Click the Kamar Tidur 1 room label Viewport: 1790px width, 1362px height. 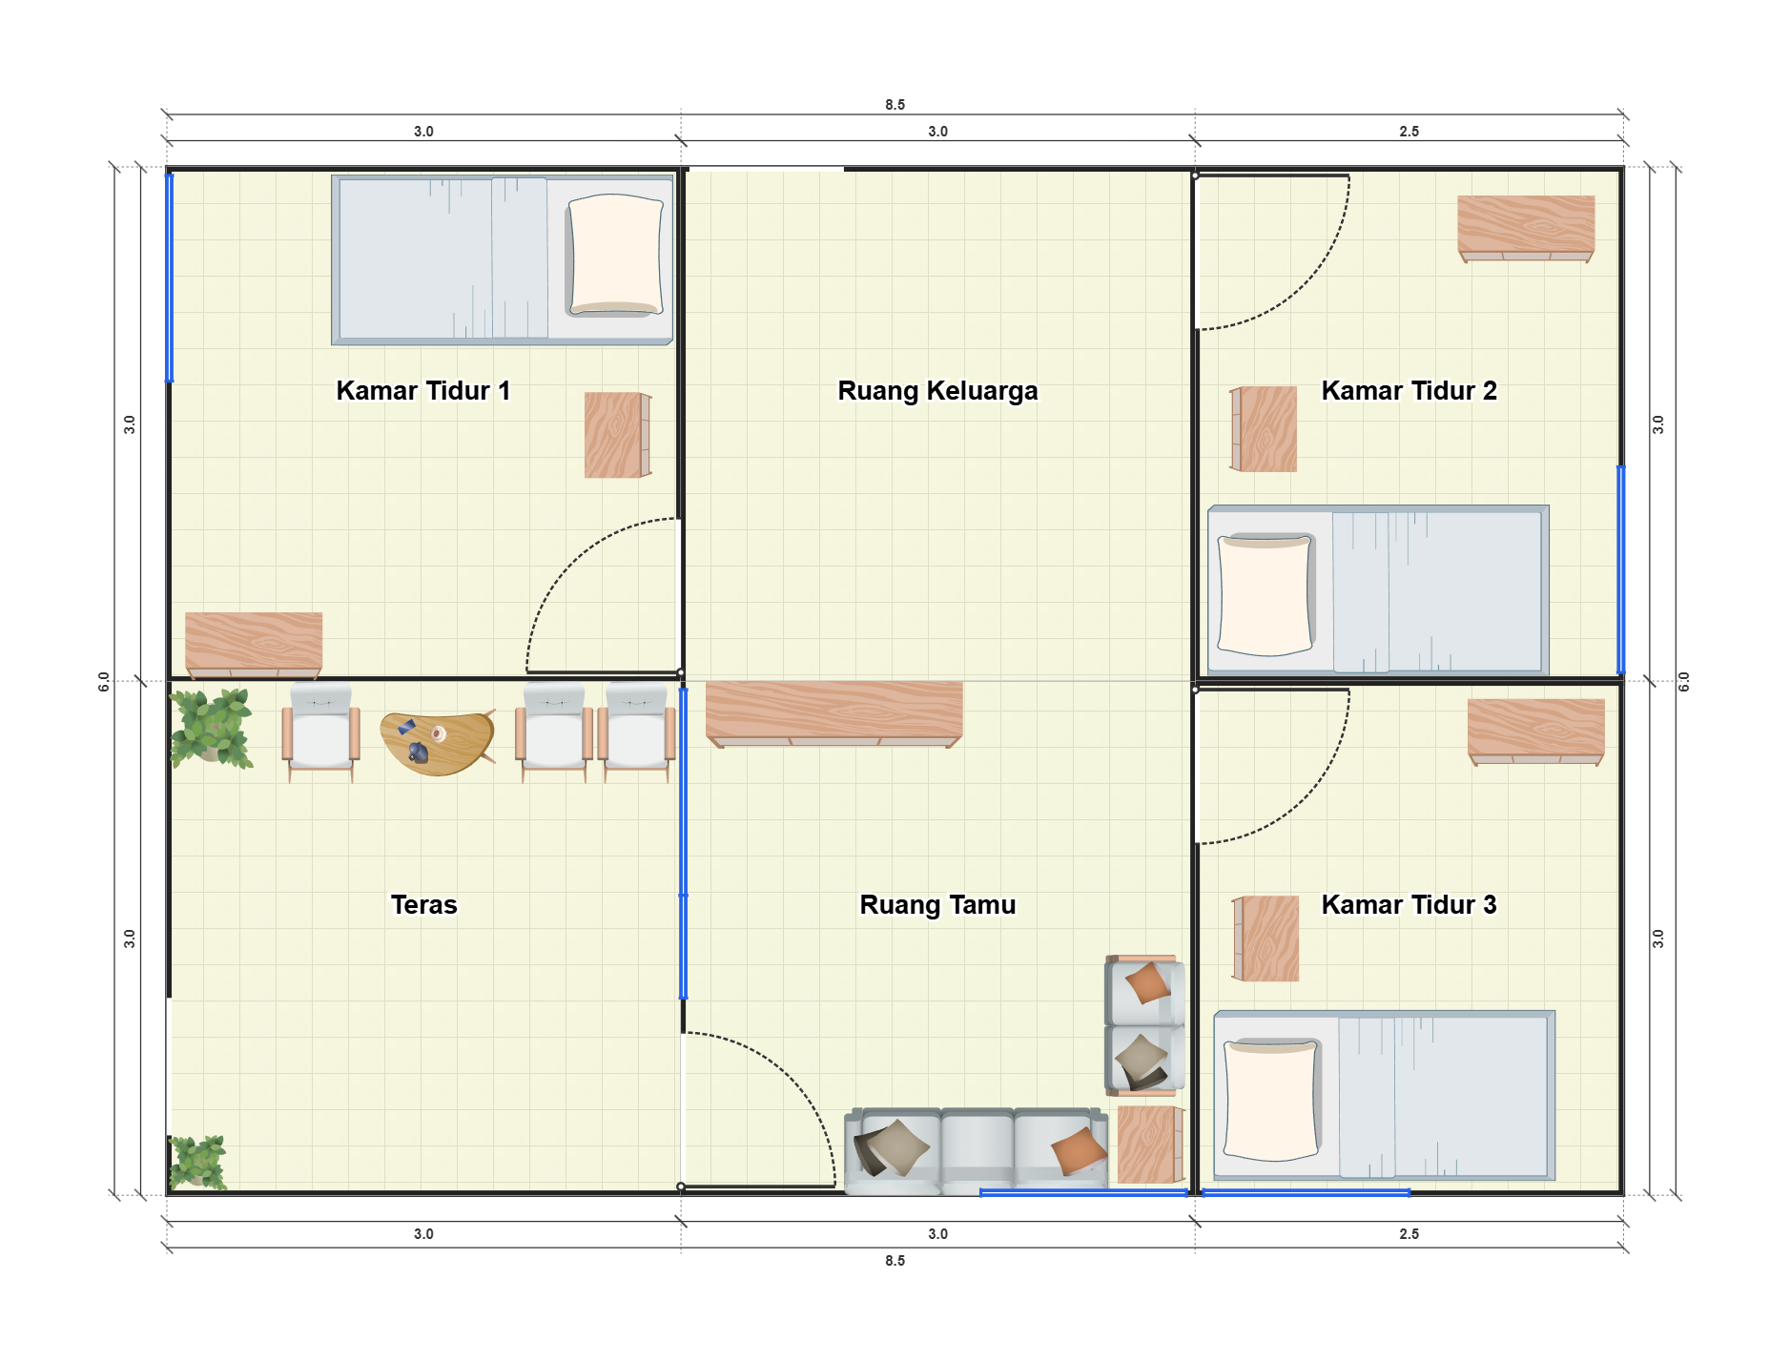[423, 391]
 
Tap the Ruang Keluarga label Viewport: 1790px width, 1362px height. [937, 391]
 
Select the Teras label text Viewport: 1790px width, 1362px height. [423, 905]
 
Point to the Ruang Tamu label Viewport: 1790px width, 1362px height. [937, 905]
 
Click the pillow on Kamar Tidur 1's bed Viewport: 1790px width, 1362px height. [615, 255]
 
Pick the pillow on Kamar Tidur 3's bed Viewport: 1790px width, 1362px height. [1271, 1100]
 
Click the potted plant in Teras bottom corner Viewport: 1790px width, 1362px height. [197, 1163]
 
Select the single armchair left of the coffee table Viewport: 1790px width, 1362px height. [320, 731]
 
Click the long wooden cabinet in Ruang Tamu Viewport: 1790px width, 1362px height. [834, 713]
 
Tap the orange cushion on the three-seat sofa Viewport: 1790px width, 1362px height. [1079, 1151]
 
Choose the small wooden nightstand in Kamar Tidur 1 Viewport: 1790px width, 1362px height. [618, 435]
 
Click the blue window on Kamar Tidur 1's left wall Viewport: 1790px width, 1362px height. [170, 278]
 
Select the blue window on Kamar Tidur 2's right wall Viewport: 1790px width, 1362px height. [1620, 569]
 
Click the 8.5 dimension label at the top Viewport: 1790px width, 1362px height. [895, 105]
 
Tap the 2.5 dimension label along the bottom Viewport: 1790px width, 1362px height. [1409, 1234]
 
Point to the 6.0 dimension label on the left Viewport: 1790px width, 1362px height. [104, 682]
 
